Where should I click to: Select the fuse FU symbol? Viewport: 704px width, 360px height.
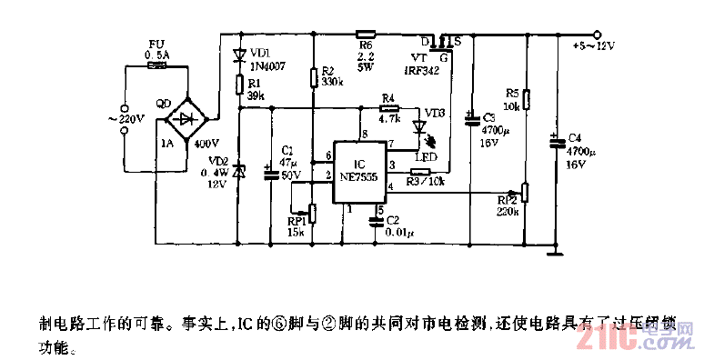point(156,65)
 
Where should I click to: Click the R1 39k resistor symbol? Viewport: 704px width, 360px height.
point(239,85)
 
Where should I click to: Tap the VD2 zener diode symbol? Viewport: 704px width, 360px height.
point(239,170)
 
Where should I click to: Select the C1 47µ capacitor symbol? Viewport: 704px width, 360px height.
point(270,171)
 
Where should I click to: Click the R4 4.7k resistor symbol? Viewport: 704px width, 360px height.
point(388,107)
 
